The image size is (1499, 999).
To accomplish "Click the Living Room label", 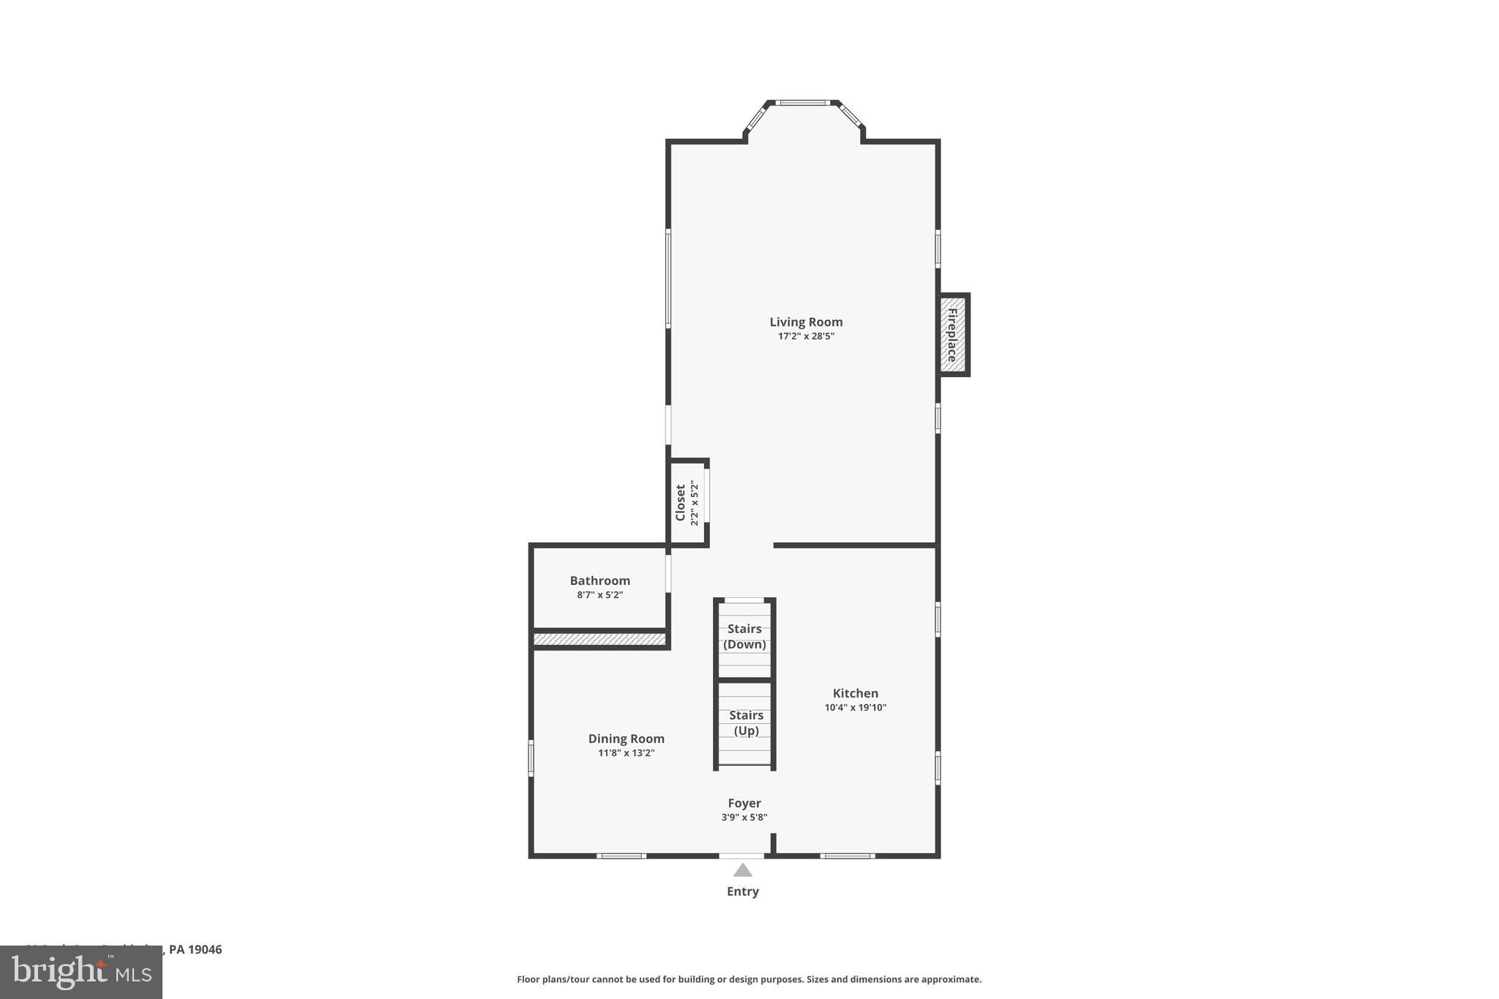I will (x=806, y=322).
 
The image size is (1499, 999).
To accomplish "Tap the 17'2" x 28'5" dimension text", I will (x=806, y=337).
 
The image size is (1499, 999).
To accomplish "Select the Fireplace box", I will (x=953, y=335).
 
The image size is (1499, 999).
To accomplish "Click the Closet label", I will (x=681, y=502).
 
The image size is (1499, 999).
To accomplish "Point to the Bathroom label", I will (x=599, y=580).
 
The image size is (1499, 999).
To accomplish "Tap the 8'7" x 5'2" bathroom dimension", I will (x=599, y=595).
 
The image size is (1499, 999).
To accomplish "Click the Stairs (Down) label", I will (x=744, y=636).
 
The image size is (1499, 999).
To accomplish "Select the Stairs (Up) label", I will (x=746, y=722).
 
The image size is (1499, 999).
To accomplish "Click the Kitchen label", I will (x=855, y=693).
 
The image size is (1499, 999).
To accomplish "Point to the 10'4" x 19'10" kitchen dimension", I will (x=855, y=708).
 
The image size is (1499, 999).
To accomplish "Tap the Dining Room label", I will (x=626, y=738).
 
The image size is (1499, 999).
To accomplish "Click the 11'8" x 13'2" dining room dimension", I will (x=626, y=753).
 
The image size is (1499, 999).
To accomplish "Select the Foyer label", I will (x=744, y=803).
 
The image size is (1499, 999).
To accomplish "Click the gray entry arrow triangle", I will (x=743, y=870).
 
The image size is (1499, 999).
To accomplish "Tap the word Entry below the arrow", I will (x=742, y=891).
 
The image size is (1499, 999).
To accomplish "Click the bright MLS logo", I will (x=81, y=973).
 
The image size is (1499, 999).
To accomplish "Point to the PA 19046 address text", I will (x=195, y=949).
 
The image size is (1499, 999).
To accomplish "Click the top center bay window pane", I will (x=802, y=103).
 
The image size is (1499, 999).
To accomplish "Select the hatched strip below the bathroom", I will (x=599, y=640).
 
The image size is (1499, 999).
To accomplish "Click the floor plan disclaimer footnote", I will (x=749, y=979).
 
